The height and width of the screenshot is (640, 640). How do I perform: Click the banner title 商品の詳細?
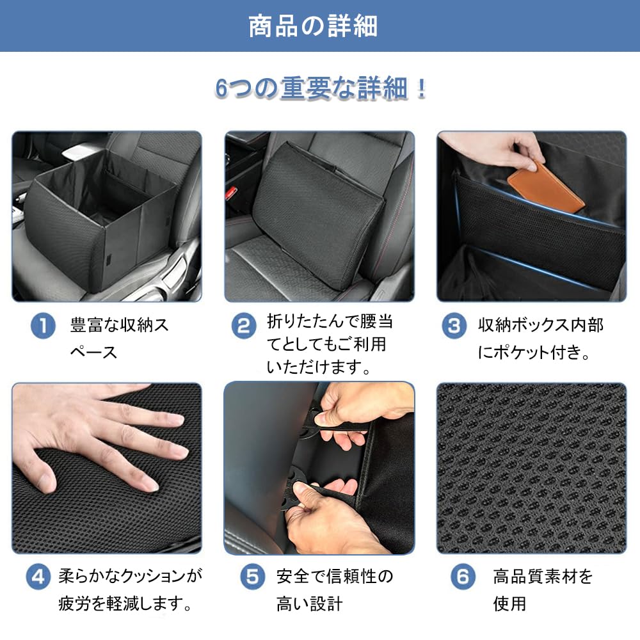point(313,26)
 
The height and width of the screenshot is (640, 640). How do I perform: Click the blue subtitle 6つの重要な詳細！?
point(321,88)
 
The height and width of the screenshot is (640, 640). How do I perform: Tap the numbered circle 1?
point(43,326)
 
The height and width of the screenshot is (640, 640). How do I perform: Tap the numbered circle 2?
point(244,326)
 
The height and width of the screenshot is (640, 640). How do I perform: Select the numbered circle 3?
point(454,326)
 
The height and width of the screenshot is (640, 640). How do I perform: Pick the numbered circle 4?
point(38,577)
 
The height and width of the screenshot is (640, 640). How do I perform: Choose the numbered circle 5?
point(252,577)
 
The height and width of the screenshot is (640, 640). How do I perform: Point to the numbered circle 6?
point(463,577)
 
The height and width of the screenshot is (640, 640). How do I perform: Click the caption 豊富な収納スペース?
point(119,339)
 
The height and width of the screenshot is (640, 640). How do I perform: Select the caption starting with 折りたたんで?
point(330,344)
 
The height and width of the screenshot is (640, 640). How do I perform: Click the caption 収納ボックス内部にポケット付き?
point(540,339)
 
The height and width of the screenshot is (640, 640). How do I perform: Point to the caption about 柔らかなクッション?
point(130,590)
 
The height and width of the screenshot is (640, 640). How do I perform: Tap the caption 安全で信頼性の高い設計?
point(335,590)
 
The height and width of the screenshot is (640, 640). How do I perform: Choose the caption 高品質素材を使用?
point(543,590)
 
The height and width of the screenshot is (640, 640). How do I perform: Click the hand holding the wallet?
point(498,149)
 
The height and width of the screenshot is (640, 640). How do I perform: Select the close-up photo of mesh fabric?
point(531,468)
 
